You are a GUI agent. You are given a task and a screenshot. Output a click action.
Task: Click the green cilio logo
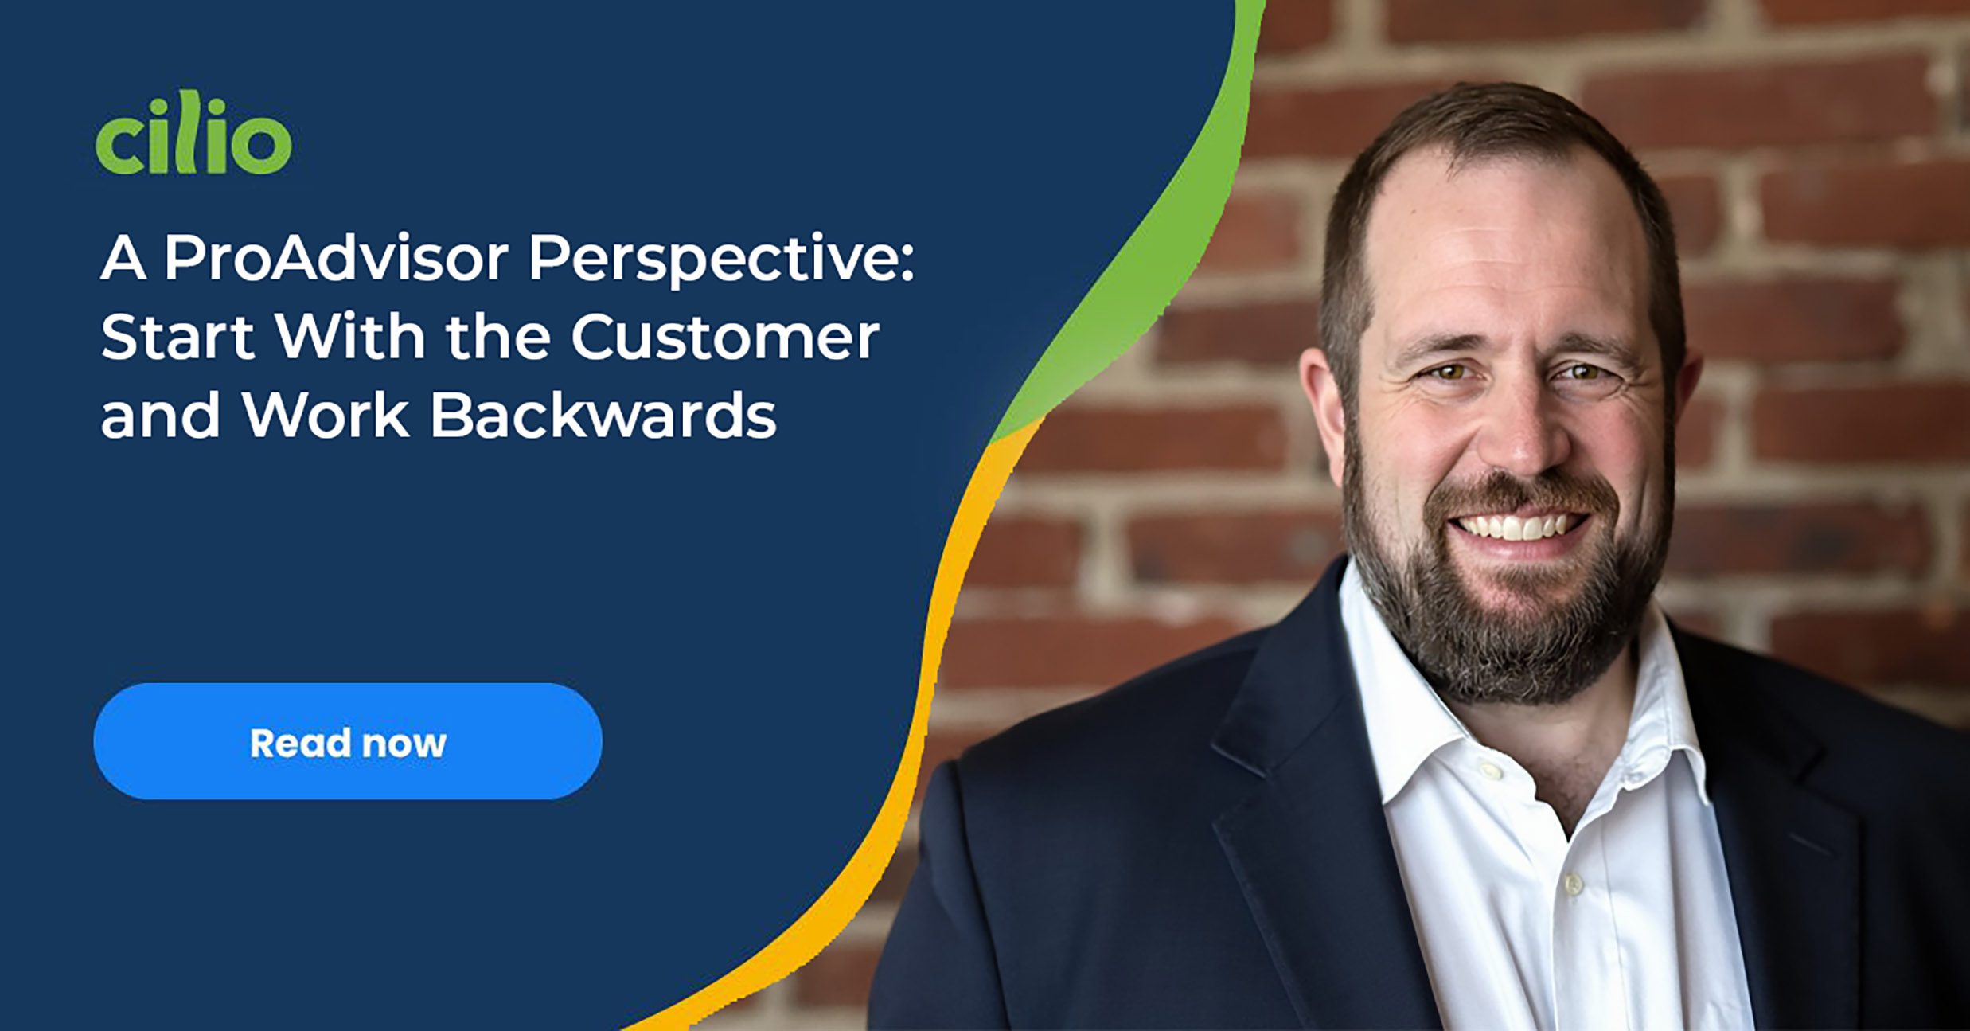(x=193, y=132)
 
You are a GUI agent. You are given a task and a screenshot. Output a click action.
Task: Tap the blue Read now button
(x=348, y=741)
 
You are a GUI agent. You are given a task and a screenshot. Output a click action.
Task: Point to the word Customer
(x=725, y=337)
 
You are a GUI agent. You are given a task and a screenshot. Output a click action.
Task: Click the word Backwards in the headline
(x=603, y=415)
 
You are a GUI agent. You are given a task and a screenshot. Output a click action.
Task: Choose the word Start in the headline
(x=177, y=337)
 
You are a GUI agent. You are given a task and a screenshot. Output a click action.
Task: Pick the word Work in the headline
(x=326, y=415)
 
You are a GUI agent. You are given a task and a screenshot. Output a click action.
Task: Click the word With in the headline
(x=351, y=336)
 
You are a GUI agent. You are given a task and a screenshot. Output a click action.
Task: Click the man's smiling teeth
(x=1516, y=526)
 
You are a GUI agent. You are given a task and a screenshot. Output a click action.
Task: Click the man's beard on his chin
(x=1512, y=629)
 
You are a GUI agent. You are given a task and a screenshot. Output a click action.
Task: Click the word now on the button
(x=403, y=744)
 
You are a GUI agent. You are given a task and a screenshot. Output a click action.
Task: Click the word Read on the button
(x=299, y=743)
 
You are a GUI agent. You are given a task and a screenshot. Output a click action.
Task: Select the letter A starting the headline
(x=123, y=258)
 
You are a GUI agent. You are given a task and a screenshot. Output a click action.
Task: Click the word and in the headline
(x=160, y=415)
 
